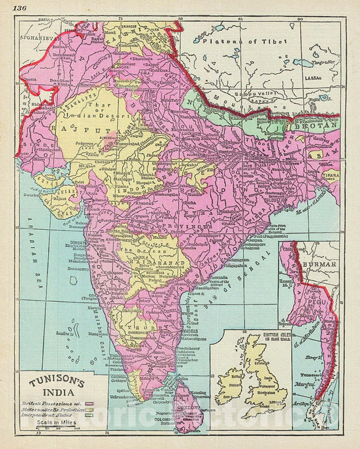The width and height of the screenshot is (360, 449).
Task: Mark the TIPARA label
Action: [329, 176]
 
